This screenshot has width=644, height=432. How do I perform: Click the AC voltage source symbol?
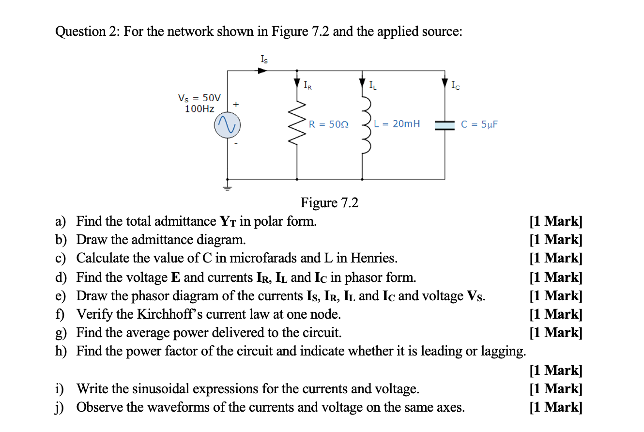(227, 126)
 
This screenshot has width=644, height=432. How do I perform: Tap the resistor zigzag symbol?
(297, 124)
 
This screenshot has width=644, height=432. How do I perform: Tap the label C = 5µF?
(479, 124)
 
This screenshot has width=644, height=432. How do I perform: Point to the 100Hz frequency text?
(199, 108)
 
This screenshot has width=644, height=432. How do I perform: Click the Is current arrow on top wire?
(262, 71)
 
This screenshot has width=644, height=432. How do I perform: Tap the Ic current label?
(456, 87)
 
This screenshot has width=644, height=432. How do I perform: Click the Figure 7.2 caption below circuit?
(329, 202)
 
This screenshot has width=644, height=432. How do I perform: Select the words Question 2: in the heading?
(87, 32)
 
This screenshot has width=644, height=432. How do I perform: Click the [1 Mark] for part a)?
(556, 221)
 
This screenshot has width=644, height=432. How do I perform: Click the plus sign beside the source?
(236, 104)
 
